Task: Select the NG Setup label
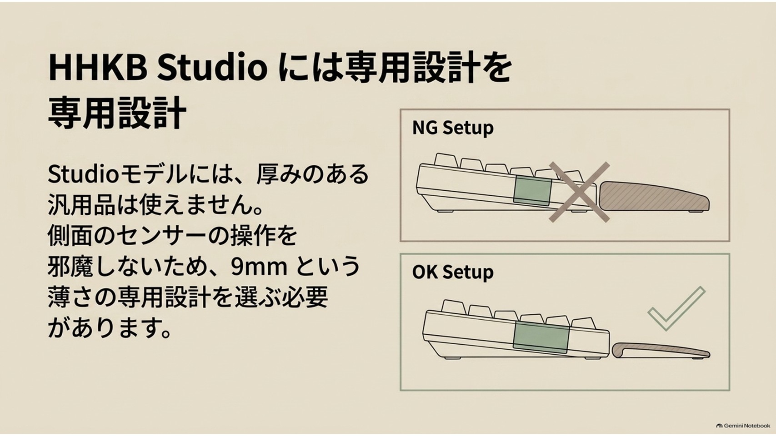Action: click(453, 128)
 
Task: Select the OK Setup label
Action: click(453, 272)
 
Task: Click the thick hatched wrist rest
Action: click(653, 197)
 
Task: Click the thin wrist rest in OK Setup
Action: click(660, 350)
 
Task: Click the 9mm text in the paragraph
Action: click(259, 267)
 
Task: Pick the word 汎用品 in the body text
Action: click(81, 206)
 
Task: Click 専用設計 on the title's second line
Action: click(117, 113)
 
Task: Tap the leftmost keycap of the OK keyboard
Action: click(454, 307)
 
